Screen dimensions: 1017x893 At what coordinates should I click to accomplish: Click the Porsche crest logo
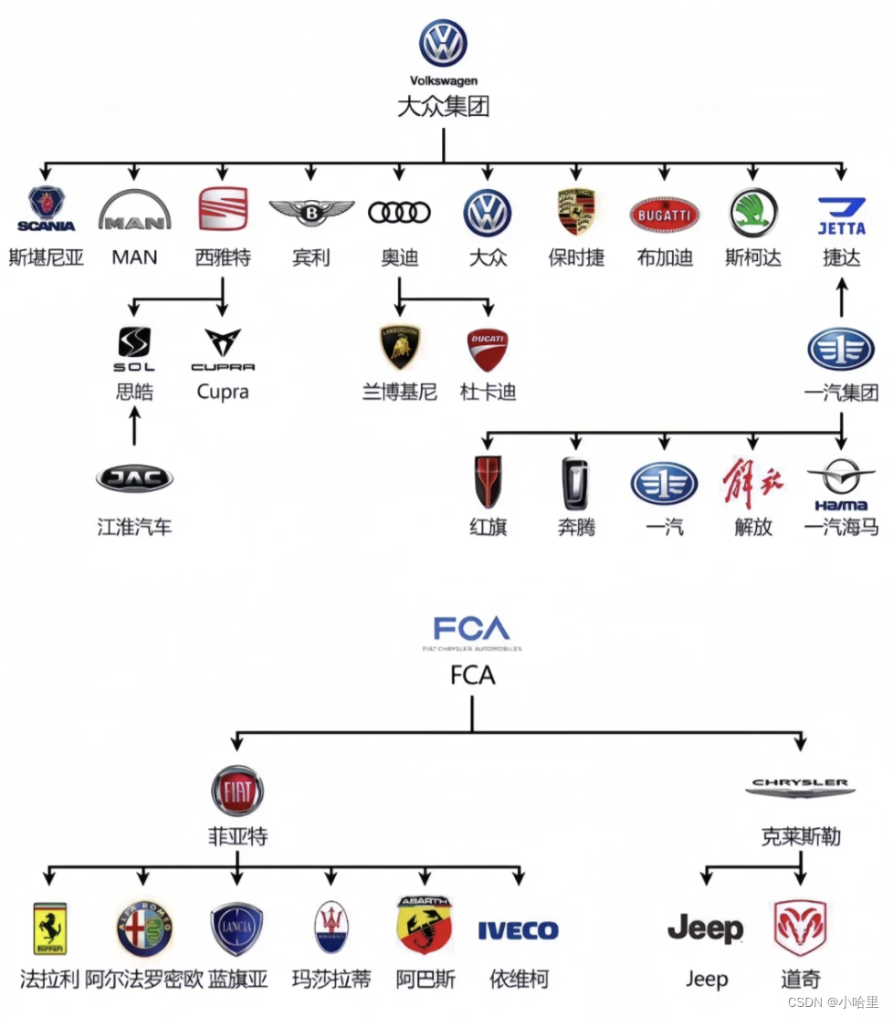pos(576,213)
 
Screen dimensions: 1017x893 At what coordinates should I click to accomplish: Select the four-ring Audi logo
pos(399,213)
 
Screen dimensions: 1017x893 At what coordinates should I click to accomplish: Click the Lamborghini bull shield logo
pos(399,348)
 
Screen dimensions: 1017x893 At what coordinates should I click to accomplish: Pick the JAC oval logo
pos(134,478)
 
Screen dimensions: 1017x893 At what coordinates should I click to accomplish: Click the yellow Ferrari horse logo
pos(49,928)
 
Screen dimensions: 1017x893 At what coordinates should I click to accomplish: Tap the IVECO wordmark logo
pos(518,930)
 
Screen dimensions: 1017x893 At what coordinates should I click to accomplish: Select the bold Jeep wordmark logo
pos(705,929)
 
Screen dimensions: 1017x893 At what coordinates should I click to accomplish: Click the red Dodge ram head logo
pos(800,928)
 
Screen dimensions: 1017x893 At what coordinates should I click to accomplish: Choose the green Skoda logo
pos(753,213)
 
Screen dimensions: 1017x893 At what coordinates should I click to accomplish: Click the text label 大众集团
pos(443,107)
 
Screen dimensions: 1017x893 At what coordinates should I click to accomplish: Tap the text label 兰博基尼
pos(399,393)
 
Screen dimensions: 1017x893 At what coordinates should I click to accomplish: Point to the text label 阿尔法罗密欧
pos(143,980)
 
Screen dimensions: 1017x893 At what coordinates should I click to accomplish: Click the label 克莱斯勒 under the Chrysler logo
pos(801,836)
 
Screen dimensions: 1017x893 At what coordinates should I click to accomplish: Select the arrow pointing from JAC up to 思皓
pos(134,426)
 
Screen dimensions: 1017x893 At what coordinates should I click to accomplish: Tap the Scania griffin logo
pos(46,209)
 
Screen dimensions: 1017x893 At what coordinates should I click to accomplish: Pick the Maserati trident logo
pos(331,928)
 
